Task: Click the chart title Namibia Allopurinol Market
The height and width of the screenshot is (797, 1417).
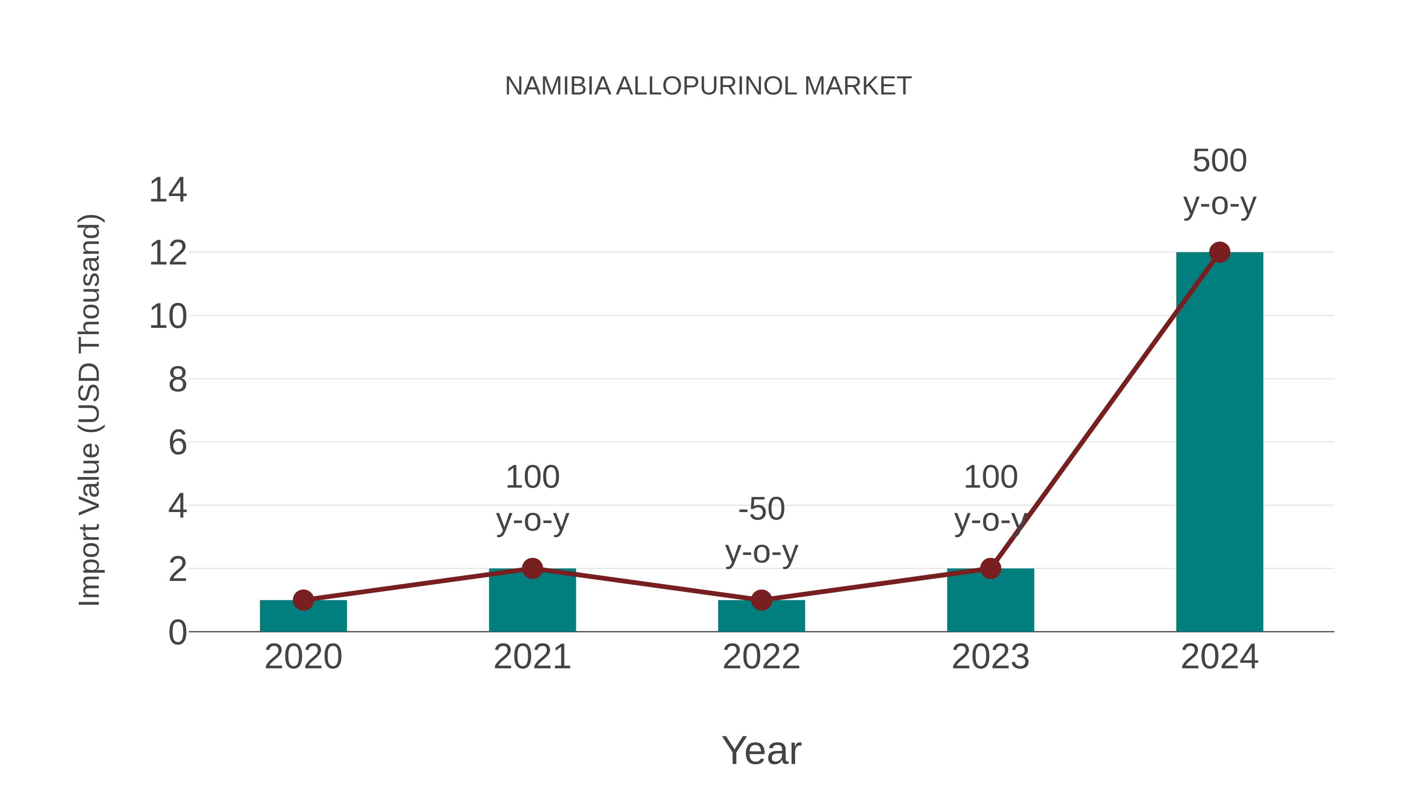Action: pyautogui.click(x=708, y=86)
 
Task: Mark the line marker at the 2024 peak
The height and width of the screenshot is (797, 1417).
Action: pyautogui.click(x=1219, y=252)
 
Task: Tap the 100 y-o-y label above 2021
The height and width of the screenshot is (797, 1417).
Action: pyautogui.click(x=532, y=498)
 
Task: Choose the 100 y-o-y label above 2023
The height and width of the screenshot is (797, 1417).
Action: pyautogui.click(x=990, y=498)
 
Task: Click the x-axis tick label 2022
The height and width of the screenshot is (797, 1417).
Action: pyautogui.click(x=761, y=657)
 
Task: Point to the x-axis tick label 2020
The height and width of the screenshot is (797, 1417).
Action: pyautogui.click(x=303, y=657)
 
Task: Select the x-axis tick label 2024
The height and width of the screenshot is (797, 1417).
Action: pyautogui.click(x=1219, y=657)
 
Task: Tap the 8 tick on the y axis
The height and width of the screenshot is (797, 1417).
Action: pyautogui.click(x=177, y=379)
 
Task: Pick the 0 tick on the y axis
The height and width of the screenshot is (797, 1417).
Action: pyautogui.click(x=177, y=632)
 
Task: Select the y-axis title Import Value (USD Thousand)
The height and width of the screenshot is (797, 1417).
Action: pyautogui.click(x=89, y=410)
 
